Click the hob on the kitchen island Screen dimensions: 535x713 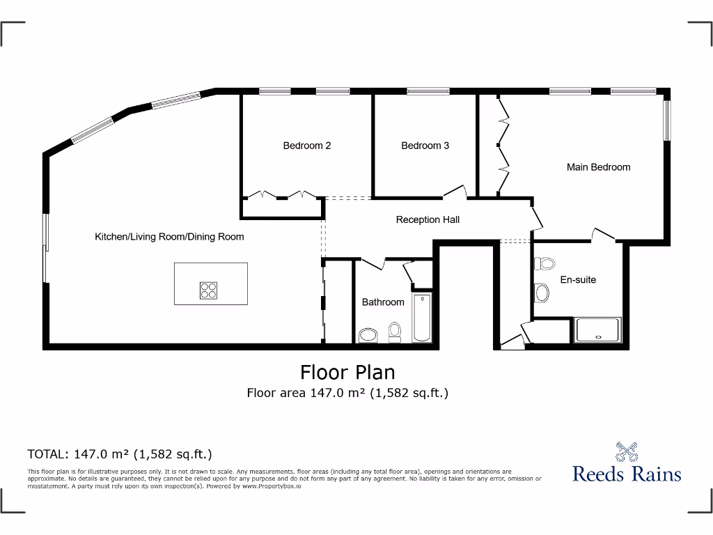(208, 290)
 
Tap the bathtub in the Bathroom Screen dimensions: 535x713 (421, 318)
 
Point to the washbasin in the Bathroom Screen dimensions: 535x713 (368, 336)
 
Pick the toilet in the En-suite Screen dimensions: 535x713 (543, 265)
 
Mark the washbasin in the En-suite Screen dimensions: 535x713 (541, 293)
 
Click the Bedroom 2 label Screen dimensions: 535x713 (306, 146)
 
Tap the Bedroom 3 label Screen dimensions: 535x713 (425, 146)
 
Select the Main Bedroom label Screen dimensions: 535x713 (598, 167)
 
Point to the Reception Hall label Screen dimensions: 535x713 (428, 219)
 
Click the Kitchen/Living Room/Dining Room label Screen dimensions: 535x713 (169, 237)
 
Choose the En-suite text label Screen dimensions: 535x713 (578, 279)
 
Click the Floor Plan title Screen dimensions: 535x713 (347, 371)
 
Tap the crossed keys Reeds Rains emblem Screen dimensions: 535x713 (627, 451)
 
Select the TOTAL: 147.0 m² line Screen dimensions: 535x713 (119, 454)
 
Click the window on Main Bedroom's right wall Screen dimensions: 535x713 (666, 121)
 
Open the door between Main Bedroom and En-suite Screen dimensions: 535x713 (602, 235)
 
